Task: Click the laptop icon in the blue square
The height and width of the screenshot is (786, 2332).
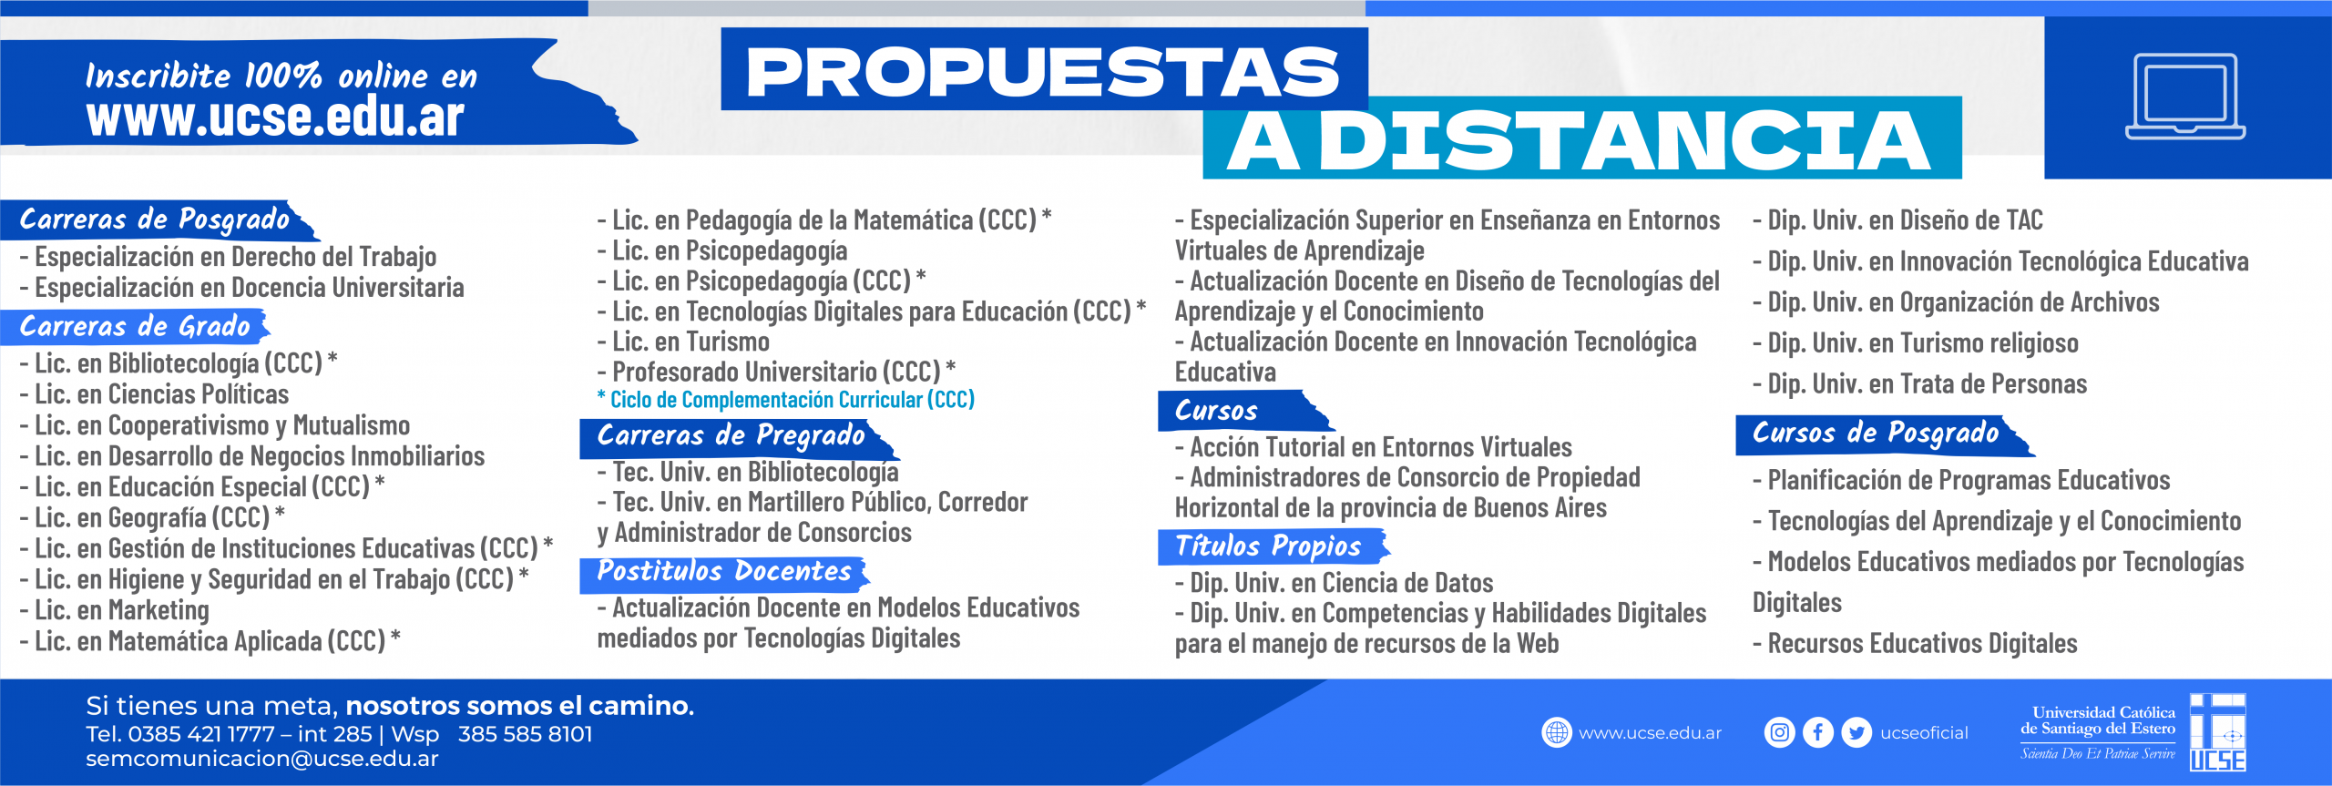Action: click(x=2185, y=96)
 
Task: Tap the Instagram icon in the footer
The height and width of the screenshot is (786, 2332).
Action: click(x=1779, y=732)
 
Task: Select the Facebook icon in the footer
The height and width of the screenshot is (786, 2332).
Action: click(x=1818, y=732)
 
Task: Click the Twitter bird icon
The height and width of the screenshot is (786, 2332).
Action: click(x=1856, y=732)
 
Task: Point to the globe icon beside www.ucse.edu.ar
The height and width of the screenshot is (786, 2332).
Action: click(x=1557, y=732)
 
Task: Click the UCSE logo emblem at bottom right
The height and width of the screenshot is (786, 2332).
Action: click(x=2218, y=732)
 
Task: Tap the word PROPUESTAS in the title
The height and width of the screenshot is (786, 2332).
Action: click(x=1043, y=72)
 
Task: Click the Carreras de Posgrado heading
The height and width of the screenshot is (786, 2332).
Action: click(x=155, y=219)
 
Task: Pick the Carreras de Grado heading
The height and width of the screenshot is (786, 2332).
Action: click(x=135, y=326)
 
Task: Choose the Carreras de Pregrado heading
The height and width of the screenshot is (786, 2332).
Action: click(x=731, y=435)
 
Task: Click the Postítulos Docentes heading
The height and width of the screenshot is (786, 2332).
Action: click(x=724, y=571)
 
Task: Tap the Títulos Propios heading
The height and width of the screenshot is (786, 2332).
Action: click(x=1268, y=546)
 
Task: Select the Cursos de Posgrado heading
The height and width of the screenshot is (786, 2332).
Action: click(x=1876, y=433)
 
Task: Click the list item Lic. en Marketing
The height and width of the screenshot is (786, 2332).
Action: click(x=115, y=610)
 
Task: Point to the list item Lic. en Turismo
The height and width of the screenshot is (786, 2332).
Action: click(x=683, y=342)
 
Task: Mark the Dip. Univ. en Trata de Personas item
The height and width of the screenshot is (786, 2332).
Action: click(x=1920, y=383)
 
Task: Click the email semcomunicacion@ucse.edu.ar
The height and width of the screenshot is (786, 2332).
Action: click(x=262, y=759)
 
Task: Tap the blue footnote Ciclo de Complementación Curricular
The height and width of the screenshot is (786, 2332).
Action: click(x=785, y=399)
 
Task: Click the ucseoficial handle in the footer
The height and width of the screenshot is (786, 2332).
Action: click(x=1924, y=733)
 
